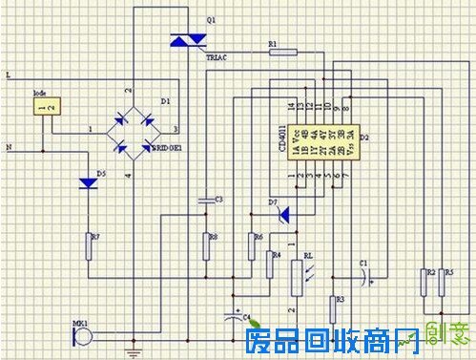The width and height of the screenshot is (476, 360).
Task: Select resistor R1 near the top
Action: point(283,53)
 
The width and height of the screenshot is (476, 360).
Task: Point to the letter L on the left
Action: point(9,73)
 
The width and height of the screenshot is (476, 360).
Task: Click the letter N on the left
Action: point(9,148)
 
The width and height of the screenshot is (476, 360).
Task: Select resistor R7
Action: point(90,245)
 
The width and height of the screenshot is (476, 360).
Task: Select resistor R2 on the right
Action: point(423,283)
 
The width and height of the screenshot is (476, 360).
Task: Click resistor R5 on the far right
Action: point(441,283)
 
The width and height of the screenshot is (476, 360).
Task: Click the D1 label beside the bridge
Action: point(165,99)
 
